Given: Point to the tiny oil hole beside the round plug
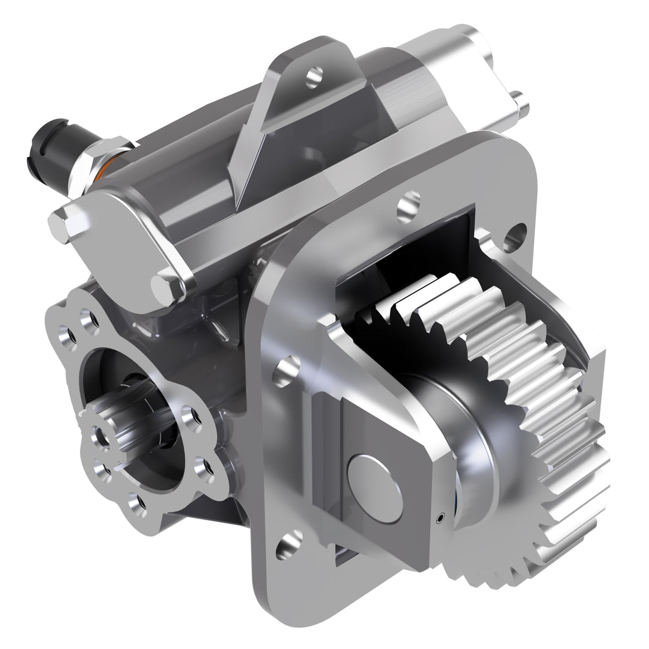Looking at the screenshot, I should (442, 516).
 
